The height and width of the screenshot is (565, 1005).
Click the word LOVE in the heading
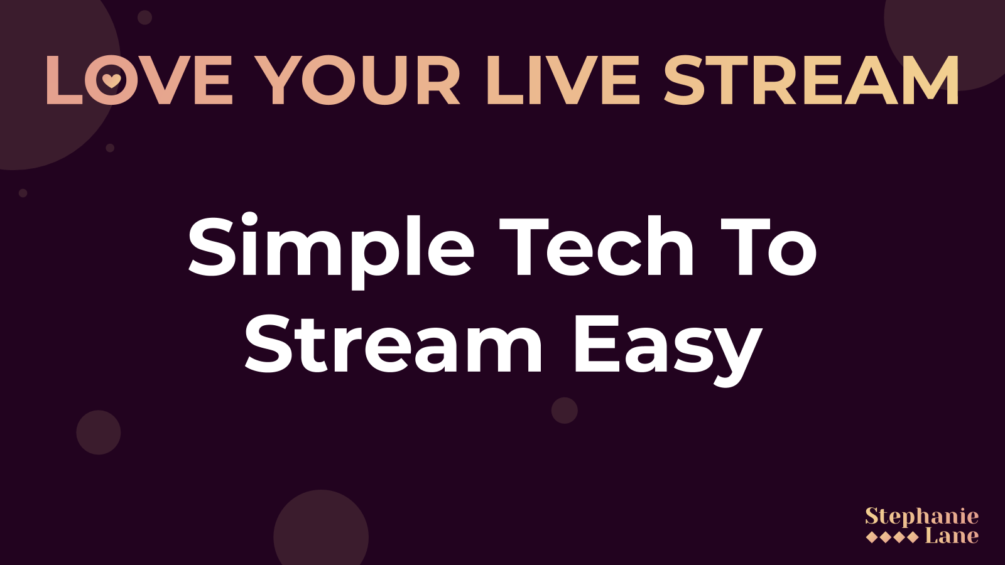tap(139, 80)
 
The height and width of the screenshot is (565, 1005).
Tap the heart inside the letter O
tap(111, 81)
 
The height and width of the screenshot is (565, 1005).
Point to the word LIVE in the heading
tap(563, 80)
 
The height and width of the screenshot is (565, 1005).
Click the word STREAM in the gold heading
tap(811, 80)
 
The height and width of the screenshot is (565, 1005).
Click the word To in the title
tap(769, 247)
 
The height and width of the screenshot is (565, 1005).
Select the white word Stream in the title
tap(393, 345)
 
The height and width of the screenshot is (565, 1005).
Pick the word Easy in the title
tap(668, 350)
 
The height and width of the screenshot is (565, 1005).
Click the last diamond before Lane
tap(912, 537)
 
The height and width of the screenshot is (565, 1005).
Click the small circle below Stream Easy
tap(565, 411)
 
